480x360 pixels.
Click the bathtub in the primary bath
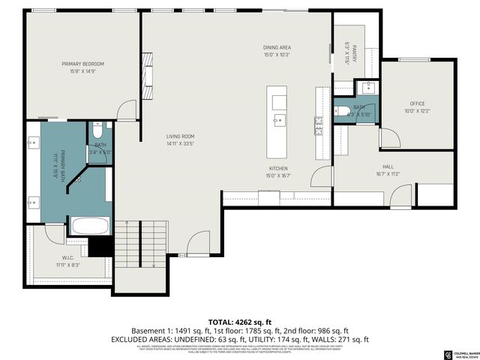(90, 225)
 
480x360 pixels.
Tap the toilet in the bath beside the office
(340, 112)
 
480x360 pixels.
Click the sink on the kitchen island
(278, 118)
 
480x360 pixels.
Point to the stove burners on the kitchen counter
(320, 120)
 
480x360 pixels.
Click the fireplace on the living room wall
(148, 70)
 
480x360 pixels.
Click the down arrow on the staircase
(153, 264)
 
